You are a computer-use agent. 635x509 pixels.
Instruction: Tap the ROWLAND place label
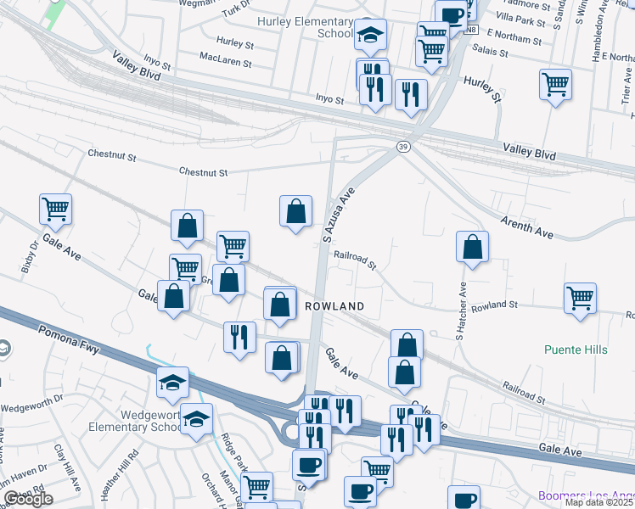[334, 305]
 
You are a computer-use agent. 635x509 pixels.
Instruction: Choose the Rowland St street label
[495, 305]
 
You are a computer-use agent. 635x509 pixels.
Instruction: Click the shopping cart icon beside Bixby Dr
[55, 208]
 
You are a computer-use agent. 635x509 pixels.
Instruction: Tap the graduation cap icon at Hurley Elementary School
[369, 34]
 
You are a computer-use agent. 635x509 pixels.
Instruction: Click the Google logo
[27, 499]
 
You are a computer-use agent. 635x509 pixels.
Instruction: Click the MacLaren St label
[225, 63]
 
